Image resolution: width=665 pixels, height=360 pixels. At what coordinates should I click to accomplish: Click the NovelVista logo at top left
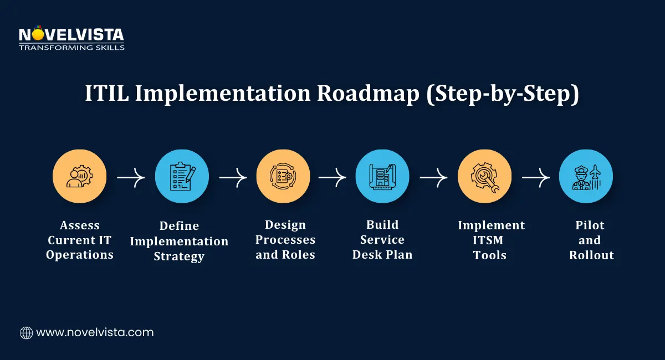[71, 35]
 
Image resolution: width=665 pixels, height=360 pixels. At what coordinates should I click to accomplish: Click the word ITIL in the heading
[106, 94]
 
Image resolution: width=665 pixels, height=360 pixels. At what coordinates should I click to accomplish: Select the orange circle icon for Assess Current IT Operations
[80, 176]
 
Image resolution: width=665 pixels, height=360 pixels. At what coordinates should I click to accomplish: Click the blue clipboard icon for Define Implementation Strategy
[182, 176]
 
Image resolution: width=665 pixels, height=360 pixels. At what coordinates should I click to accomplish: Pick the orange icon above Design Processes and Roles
[283, 176]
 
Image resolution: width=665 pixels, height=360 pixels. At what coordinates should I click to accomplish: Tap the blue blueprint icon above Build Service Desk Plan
[382, 176]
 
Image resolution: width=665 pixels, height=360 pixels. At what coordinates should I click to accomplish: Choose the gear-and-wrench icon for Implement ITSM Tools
[484, 176]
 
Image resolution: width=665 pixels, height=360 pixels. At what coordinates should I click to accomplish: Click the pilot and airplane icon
[586, 176]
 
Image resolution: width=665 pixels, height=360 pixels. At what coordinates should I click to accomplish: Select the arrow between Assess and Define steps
[131, 178]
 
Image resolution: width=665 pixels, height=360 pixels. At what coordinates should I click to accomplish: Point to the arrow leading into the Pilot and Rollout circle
[535, 178]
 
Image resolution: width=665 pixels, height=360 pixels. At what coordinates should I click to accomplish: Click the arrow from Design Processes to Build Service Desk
[332, 178]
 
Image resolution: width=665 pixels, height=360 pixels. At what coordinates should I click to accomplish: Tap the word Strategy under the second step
[179, 256]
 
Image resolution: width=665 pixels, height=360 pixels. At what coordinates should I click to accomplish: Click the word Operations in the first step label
[80, 255]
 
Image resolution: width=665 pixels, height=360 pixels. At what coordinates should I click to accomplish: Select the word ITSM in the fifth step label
[490, 240]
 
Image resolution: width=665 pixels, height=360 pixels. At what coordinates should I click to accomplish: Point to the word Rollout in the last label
[591, 255]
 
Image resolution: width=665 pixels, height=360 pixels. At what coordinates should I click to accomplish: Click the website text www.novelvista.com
[95, 333]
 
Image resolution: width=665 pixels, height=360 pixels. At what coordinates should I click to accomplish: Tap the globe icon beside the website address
[26, 333]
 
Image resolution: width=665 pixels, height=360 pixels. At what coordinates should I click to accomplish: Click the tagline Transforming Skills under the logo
[71, 48]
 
